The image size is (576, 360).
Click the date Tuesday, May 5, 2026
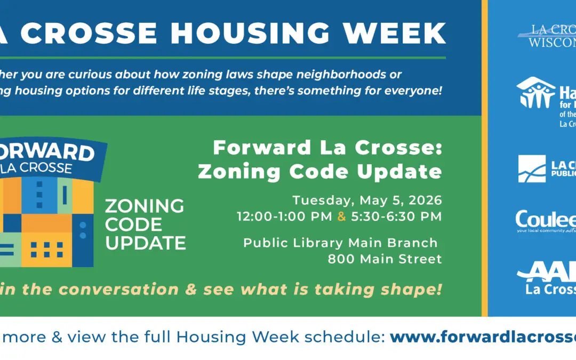[x=367, y=201]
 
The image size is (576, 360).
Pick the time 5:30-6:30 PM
[x=396, y=217]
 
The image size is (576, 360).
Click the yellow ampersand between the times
[x=341, y=217]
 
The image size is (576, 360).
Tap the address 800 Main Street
[x=385, y=259]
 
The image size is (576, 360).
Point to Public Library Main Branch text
[x=340, y=243]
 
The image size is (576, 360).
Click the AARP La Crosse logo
[x=547, y=280]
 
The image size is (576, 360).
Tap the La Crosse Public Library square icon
[x=532, y=169]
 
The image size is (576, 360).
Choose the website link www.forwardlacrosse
[x=483, y=337]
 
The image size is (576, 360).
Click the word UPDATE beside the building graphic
[x=145, y=243]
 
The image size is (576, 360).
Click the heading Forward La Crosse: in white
[x=327, y=148]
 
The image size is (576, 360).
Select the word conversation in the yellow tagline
[x=118, y=290]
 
